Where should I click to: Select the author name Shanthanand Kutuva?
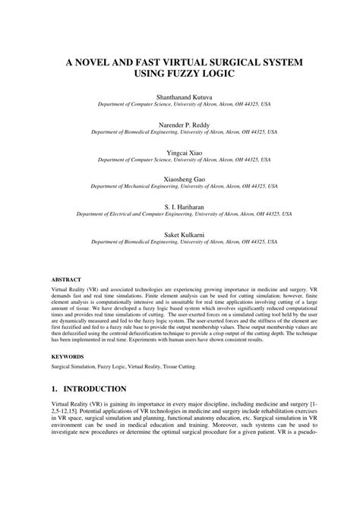[x=180, y=97]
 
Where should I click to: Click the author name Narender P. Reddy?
[x=180, y=123]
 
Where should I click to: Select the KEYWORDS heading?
[x=68, y=356]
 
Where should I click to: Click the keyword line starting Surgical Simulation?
[x=123, y=366]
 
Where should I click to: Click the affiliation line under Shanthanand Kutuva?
[x=180, y=106]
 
